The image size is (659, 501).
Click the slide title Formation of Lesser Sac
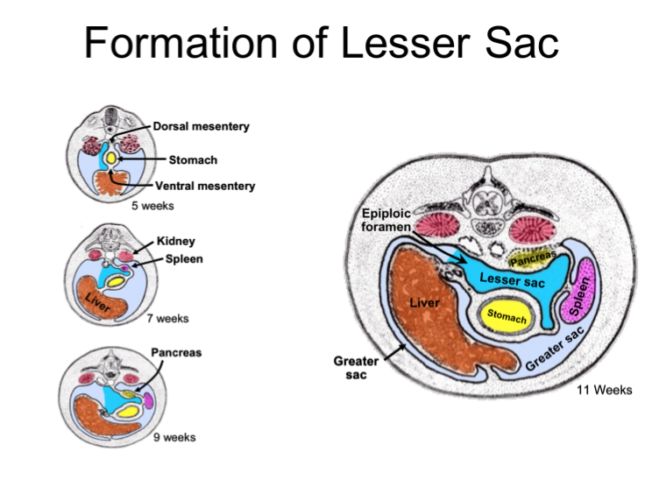point(322,43)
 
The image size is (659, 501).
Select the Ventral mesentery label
point(205,186)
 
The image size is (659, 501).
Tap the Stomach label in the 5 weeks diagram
point(193,160)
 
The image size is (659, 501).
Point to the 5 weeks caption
point(152,206)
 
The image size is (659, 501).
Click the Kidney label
point(175,241)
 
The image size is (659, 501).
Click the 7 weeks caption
point(167,319)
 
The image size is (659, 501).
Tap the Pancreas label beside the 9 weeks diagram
point(177,353)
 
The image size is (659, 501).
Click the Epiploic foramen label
point(386,220)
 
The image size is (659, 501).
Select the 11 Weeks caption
point(605,390)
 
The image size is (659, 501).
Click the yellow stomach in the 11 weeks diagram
point(507,317)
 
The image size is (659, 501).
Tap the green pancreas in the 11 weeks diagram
point(531,258)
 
